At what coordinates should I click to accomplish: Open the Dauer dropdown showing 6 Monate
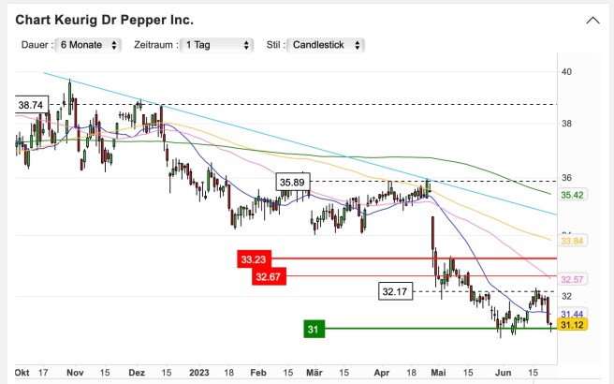click(x=89, y=45)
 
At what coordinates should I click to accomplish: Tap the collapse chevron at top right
click(x=592, y=20)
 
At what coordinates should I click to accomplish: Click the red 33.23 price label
click(x=254, y=258)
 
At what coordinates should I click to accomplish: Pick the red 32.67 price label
click(x=268, y=276)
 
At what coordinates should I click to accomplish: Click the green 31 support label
click(x=314, y=329)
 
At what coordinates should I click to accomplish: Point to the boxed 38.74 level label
click(x=32, y=106)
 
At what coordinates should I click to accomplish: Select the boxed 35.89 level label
click(x=292, y=181)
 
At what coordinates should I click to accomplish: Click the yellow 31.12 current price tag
click(x=572, y=325)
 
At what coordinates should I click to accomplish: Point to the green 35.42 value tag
click(x=572, y=195)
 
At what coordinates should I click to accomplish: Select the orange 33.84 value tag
click(x=572, y=241)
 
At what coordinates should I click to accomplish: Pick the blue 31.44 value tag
click(x=572, y=314)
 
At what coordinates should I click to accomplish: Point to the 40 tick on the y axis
click(x=566, y=71)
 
